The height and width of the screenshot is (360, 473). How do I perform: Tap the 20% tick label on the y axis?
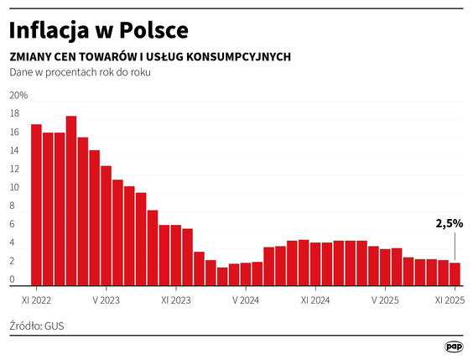pyautogui.click(x=18, y=95)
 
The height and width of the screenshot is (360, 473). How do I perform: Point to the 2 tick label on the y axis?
pyautogui.click(x=12, y=261)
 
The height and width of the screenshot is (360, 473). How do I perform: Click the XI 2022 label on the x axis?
pyautogui.click(x=36, y=298)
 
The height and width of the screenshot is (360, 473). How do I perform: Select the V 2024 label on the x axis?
pyautogui.click(x=246, y=298)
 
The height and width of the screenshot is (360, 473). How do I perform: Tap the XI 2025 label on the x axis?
pyautogui.click(x=450, y=298)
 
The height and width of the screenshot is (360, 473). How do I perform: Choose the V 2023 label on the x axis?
pyautogui.click(x=107, y=298)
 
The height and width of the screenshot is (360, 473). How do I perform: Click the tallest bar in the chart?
pyautogui.click(x=71, y=201)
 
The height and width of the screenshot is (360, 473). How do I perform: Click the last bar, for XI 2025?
pyautogui.click(x=455, y=274)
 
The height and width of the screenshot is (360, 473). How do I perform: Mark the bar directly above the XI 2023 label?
pyautogui.click(x=176, y=256)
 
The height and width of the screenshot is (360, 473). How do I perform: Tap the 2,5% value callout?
pyautogui.click(x=449, y=224)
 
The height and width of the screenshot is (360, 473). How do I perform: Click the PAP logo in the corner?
pyautogui.click(x=454, y=347)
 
